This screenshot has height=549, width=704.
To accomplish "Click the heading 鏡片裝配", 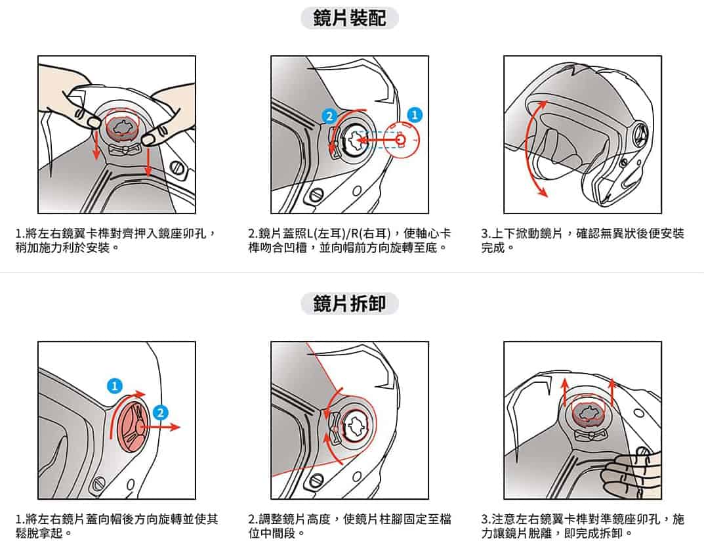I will [x=349, y=18].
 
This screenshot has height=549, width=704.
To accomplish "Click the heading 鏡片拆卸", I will [x=349, y=304].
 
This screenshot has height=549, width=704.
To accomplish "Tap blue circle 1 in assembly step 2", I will [x=414, y=114].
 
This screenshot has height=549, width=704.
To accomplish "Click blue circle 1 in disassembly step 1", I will [x=115, y=385].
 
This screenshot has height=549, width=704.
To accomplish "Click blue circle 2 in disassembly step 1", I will [x=159, y=412].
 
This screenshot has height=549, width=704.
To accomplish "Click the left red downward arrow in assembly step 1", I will [x=96, y=143].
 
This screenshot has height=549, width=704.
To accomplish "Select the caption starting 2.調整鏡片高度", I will [x=349, y=525].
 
